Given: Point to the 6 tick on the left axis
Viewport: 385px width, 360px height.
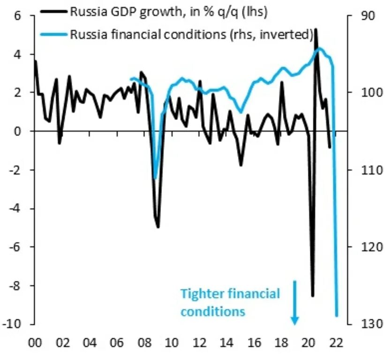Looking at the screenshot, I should point(18,15).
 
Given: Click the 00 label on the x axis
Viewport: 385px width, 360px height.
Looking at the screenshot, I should point(35,342).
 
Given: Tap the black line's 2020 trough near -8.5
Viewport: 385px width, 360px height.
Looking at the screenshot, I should point(313,296).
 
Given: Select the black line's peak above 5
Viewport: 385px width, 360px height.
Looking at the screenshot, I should point(316,29).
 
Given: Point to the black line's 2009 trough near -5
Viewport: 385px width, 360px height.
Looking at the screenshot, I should point(158,227).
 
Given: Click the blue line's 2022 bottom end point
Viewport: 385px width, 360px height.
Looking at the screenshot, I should point(337,315).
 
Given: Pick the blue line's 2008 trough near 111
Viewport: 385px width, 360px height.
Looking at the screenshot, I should point(155,178).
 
